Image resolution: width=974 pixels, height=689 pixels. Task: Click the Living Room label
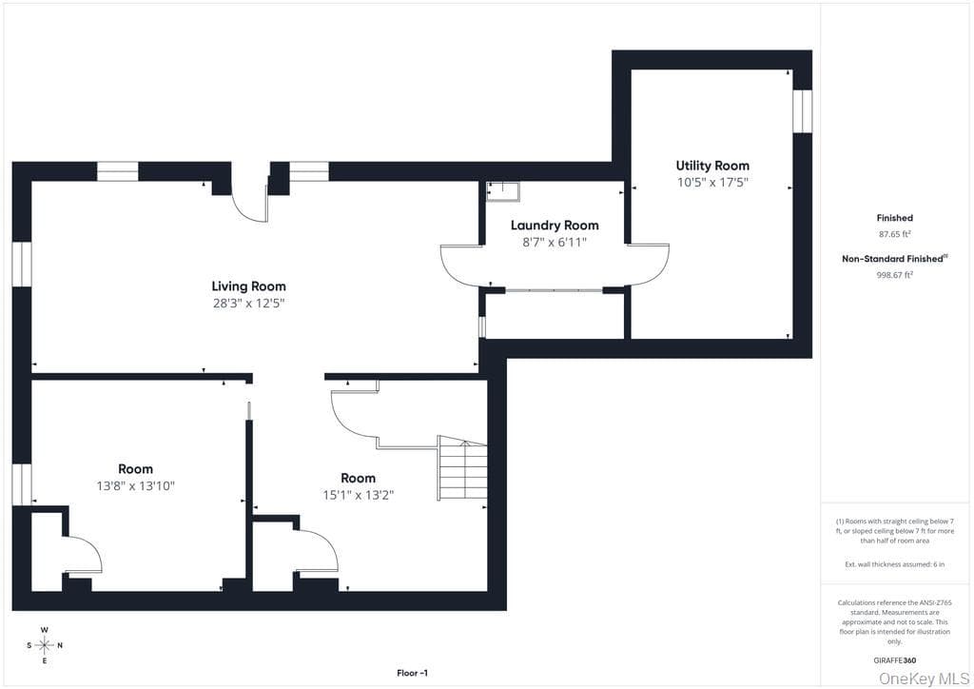248,286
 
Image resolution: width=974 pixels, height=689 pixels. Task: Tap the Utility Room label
712,166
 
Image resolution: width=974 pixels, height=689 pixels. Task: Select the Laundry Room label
555,226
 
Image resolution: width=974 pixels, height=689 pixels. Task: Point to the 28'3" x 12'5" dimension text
248,304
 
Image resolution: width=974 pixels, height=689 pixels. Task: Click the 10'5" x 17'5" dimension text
712,183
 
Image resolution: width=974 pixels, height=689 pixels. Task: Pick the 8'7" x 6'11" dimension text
555,243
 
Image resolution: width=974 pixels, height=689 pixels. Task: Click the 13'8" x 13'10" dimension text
135,486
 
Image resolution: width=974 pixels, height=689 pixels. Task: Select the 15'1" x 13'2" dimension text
359,495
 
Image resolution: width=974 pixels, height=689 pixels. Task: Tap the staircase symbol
463,468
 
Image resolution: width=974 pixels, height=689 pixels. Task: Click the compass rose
45,645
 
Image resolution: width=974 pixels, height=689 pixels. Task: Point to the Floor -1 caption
413,673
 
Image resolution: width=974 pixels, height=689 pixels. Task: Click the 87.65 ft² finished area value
894,234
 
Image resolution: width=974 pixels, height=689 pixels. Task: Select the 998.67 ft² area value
894,275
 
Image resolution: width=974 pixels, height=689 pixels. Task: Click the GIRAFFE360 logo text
894,660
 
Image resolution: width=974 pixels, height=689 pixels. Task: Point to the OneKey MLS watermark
924,679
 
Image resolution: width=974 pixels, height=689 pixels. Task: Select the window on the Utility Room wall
803,111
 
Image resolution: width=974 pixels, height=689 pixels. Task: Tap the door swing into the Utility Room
649,265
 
